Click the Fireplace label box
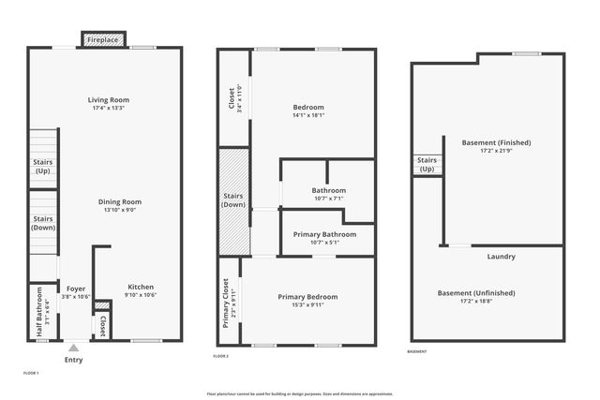(103, 41)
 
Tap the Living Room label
(109, 99)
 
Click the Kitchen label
(141, 287)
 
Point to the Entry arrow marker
(73, 348)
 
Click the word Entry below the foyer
(73, 360)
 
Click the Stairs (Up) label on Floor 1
(43, 167)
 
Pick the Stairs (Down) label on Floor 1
(43, 222)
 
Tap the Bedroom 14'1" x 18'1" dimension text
(308, 116)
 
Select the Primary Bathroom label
(325, 234)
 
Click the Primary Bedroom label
(307, 296)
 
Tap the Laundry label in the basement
(501, 257)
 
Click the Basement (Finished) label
(496, 142)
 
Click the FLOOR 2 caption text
(220, 356)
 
